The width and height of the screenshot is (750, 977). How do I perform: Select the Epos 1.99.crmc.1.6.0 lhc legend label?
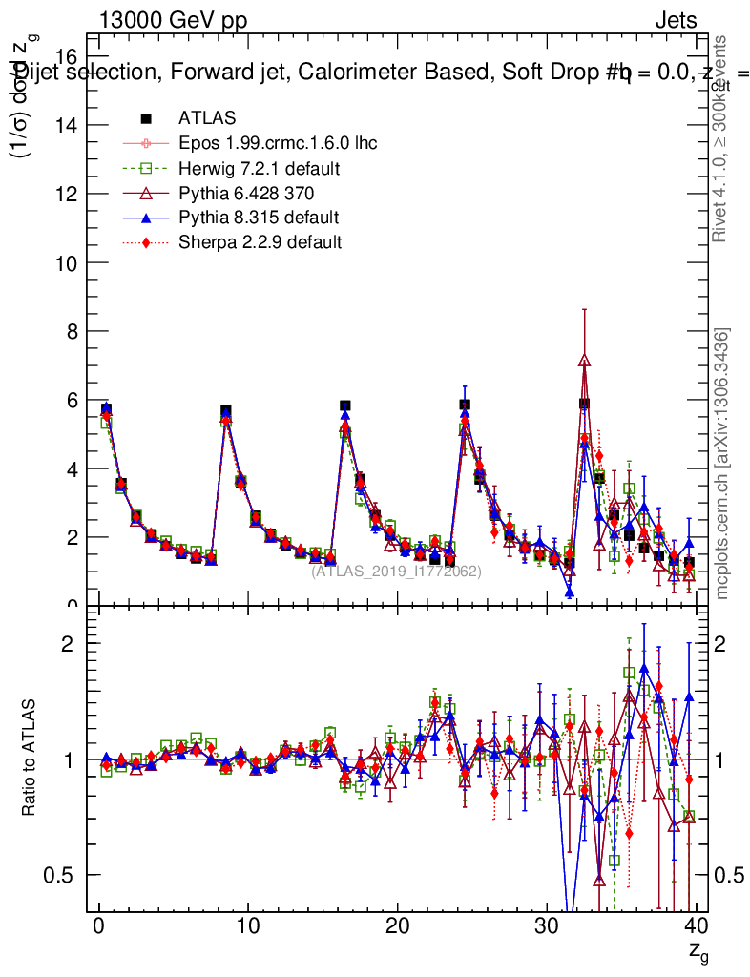tap(278, 143)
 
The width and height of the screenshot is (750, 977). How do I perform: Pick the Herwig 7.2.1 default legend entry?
tap(260, 168)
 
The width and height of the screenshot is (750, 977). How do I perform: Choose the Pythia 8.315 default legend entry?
tap(259, 218)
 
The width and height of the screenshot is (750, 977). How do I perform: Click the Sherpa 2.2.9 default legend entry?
tap(260, 242)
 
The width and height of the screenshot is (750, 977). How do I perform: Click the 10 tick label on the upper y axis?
tap(66, 262)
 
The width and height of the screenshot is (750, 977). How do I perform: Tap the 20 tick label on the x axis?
tap(397, 925)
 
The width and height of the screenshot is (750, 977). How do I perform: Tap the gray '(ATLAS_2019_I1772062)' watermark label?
tap(396, 571)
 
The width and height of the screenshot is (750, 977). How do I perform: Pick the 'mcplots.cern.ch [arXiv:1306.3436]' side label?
tap(721, 463)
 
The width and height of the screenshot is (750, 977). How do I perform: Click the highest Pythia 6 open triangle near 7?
tap(585, 361)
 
